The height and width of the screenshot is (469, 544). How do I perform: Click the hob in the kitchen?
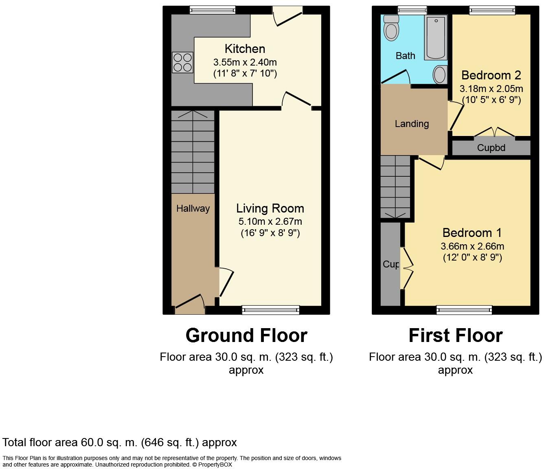(x=183, y=62)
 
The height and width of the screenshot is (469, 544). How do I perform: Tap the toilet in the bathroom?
(x=391, y=28)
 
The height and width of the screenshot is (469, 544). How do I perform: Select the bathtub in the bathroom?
(x=436, y=37)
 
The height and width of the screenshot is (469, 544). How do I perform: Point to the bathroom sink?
(x=440, y=75)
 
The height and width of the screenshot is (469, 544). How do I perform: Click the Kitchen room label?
(x=245, y=49)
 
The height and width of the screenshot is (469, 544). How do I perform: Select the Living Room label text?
(x=270, y=208)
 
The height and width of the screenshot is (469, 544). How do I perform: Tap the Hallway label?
(x=193, y=209)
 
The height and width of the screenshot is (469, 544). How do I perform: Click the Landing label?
(x=412, y=124)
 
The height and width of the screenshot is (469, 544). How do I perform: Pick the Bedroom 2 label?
(x=491, y=75)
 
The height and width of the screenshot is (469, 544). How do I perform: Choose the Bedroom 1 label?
(x=472, y=232)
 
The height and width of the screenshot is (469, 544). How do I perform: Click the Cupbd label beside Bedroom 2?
(x=491, y=148)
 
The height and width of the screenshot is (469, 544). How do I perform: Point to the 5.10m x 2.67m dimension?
(x=270, y=221)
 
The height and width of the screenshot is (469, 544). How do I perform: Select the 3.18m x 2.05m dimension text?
(x=491, y=89)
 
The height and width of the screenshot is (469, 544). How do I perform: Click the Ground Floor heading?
(x=246, y=336)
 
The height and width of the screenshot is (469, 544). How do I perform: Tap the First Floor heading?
(x=456, y=336)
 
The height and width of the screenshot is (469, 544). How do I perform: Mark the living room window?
(x=271, y=310)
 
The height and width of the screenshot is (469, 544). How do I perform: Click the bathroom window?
(x=412, y=10)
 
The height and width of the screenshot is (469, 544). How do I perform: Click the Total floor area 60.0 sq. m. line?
(x=119, y=443)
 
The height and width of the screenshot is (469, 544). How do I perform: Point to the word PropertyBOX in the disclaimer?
(x=215, y=465)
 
